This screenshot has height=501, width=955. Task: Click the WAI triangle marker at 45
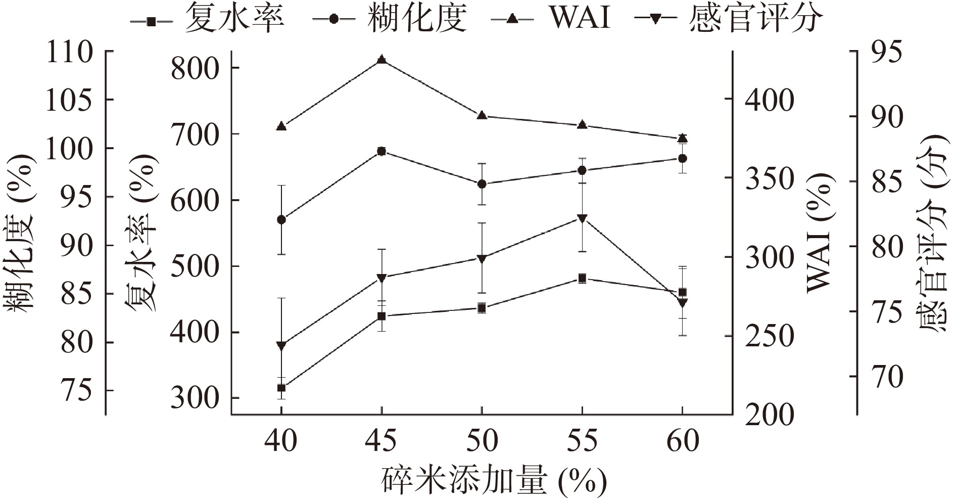381,60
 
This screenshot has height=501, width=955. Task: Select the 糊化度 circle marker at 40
281,219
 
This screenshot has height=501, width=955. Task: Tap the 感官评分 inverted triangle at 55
582,218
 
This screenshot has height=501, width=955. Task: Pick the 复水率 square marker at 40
281,388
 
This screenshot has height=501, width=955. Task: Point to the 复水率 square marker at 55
582,278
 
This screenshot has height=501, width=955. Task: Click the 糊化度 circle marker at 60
682,158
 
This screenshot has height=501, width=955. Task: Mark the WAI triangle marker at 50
482,116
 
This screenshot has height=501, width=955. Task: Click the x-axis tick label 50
482,441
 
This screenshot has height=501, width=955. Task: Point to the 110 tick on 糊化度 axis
69,52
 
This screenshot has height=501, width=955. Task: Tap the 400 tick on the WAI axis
770,100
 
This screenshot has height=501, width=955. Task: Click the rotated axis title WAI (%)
817,233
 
